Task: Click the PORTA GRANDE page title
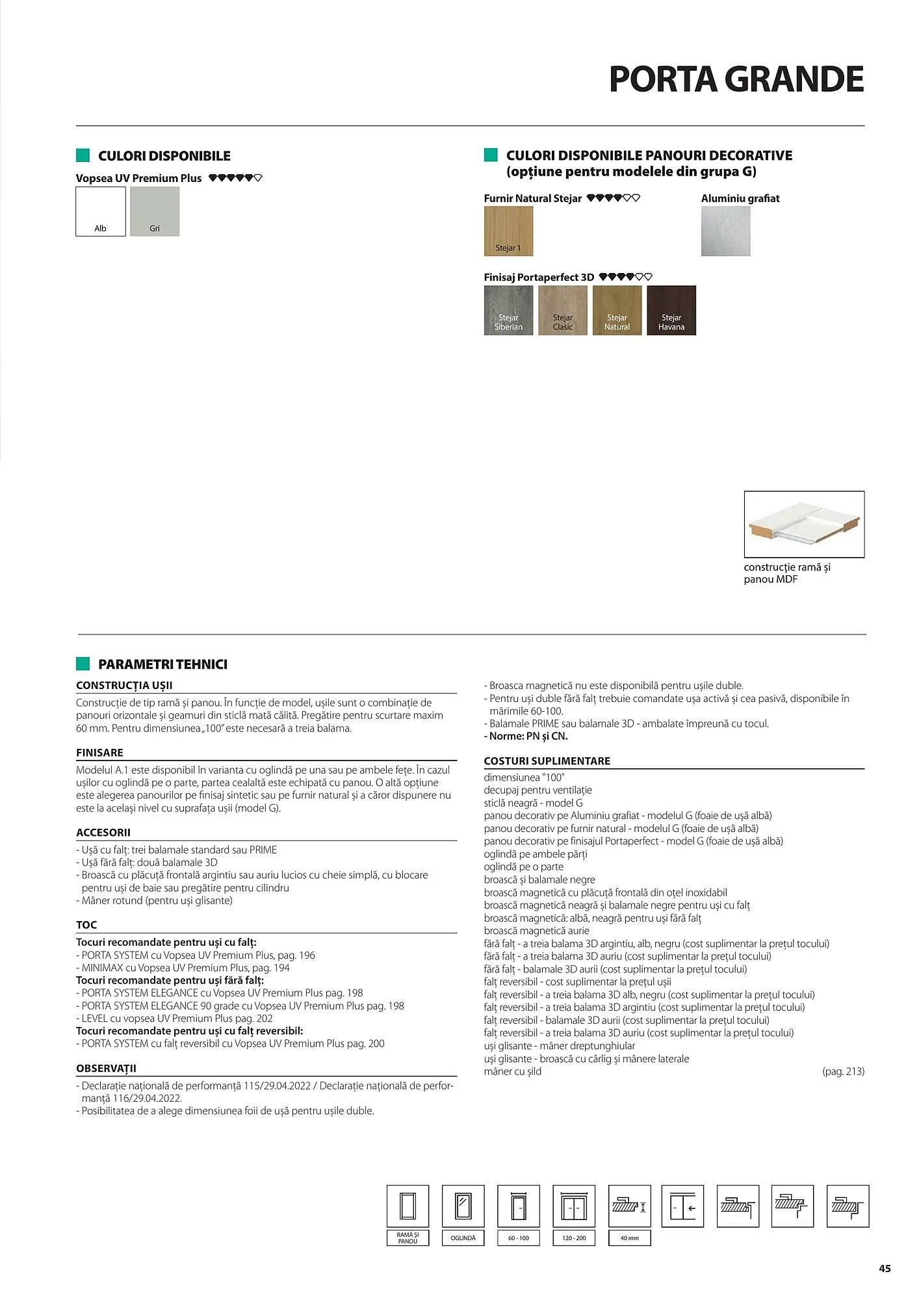(x=736, y=79)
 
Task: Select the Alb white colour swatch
(x=100, y=211)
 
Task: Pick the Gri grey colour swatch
(x=155, y=211)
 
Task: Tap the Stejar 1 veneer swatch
(x=508, y=231)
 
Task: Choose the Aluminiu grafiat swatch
(x=725, y=231)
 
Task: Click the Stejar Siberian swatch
(x=508, y=310)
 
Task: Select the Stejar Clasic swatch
(x=563, y=310)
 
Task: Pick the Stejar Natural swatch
(x=617, y=310)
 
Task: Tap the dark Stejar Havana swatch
(x=671, y=310)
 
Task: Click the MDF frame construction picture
(x=804, y=524)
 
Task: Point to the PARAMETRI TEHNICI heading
(x=162, y=664)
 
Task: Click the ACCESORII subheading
(x=103, y=832)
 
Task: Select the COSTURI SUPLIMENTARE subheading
(x=547, y=760)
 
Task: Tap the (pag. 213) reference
(x=843, y=1071)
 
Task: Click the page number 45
(x=885, y=1268)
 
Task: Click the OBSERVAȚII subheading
(x=106, y=1068)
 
